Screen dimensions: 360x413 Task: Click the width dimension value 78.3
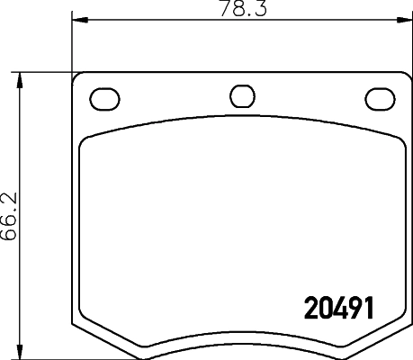[x=237, y=10]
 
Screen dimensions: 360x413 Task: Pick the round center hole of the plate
[x=241, y=95]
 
